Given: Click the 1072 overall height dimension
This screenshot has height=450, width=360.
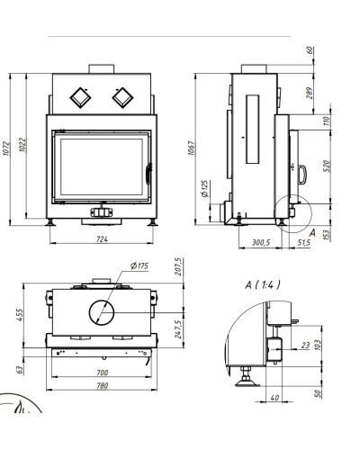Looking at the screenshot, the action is pyautogui.click(x=6, y=148).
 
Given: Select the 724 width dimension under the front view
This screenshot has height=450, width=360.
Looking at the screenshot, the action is pyautogui.click(x=102, y=239).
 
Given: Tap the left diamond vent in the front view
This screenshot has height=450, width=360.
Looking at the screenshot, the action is pyautogui.click(x=80, y=97).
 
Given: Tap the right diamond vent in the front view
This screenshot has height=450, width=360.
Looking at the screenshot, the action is pyautogui.click(x=122, y=97).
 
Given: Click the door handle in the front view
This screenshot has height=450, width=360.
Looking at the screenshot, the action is pyautogui.click(x=148, y=174).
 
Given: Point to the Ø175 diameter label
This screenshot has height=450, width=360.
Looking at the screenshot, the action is pyautogui.click(x=139, y=265).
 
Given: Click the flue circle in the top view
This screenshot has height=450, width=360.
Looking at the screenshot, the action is pyautogui.click(x=102, y=312).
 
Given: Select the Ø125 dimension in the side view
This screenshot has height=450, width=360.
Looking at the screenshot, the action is pyautogui.click(x=204, y=188).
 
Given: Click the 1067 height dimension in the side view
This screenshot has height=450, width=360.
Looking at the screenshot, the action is pyautogui.click(x=192, y=148).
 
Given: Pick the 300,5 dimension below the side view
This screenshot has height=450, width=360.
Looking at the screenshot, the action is pyautogui.click(x=261, y=242).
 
